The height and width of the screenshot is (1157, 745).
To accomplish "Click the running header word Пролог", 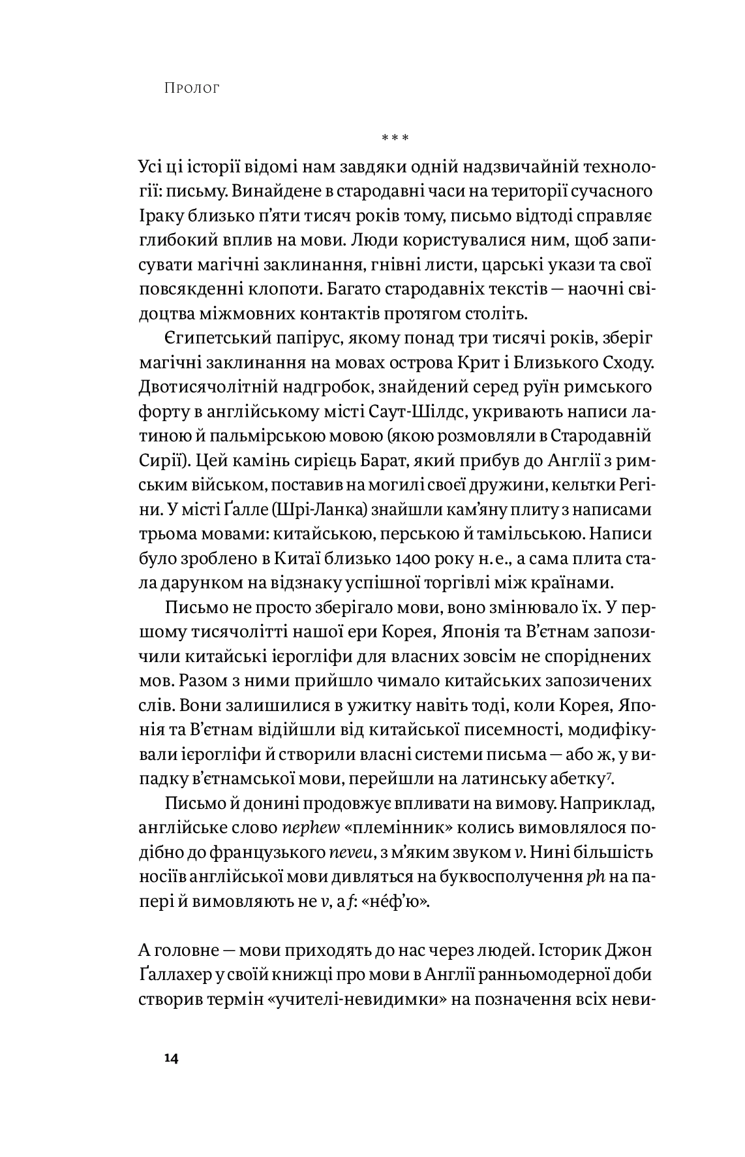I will point(192,87).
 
